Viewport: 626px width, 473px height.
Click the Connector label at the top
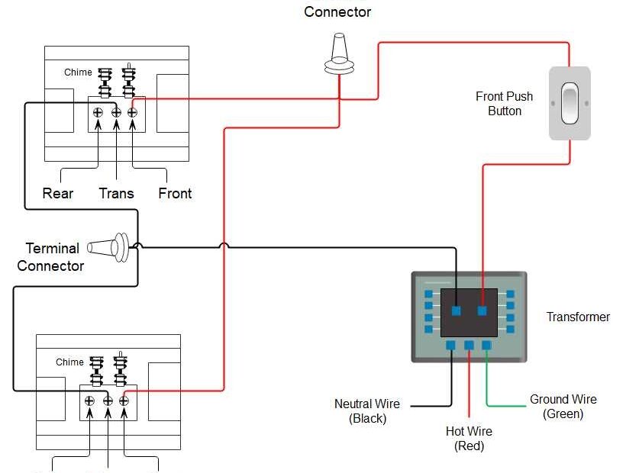[337, 12]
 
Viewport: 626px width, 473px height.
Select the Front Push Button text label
[504, 104]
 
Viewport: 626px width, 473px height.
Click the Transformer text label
[578, 317]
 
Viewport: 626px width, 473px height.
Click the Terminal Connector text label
[51, 257]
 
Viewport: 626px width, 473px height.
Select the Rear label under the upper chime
[58, 194]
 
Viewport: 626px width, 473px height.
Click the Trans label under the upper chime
[116, 194]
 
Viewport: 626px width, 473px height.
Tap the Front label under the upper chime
[175, 194]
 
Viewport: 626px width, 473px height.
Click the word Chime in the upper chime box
[78, 72]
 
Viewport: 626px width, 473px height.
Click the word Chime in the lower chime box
[69, 362]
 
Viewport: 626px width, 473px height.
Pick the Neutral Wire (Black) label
[367, 411]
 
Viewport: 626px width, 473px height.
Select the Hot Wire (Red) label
[469, 439]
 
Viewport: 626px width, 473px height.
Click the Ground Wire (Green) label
[563, 407]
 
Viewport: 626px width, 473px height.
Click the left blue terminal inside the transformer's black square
[456, 311]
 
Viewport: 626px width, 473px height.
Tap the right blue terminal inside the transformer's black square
[482, 311]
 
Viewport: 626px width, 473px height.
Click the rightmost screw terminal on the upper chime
[132, 113]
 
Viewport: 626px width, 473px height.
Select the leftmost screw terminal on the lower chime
[89, 401]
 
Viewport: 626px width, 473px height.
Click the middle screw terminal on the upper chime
[116, 113]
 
